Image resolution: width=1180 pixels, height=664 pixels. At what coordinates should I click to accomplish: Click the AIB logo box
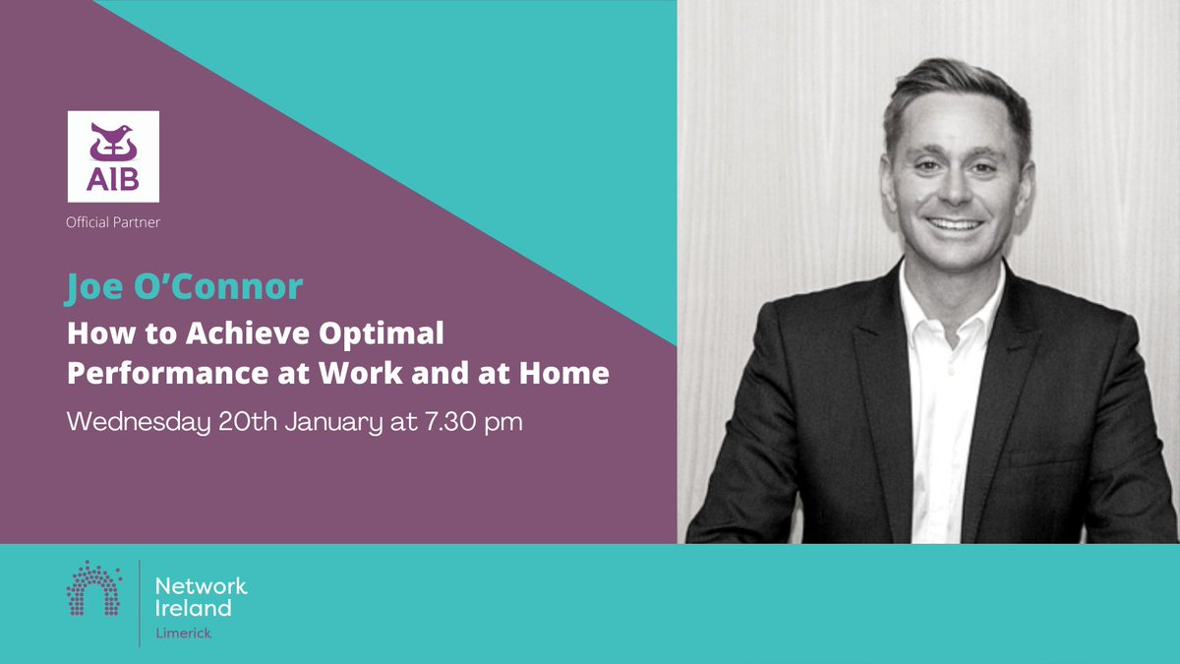pos(113,156)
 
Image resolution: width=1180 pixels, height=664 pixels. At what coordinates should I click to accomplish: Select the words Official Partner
pos(113,223)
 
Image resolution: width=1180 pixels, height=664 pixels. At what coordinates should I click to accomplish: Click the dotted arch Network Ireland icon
pos(93,590)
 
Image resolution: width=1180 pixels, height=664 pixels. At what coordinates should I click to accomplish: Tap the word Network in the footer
pos(202,586)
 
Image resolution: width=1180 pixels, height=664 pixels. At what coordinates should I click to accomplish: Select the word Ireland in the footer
pos(194,608)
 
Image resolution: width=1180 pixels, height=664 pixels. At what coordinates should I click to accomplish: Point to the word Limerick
pos(184,634)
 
